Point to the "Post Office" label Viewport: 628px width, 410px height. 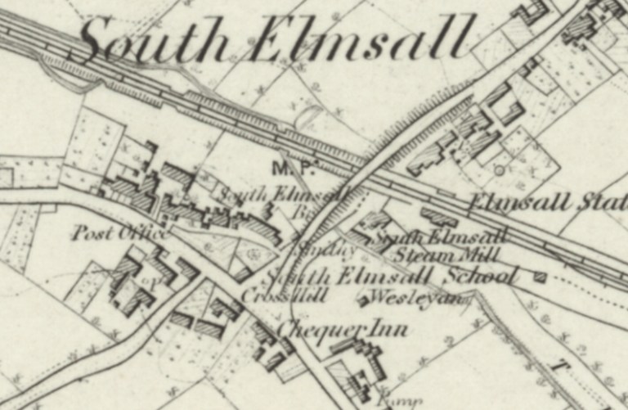pos(120,233)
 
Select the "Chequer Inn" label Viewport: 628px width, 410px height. pos(343,331)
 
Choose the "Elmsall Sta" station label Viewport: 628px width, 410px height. pos(547,203)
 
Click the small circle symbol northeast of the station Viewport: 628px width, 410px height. pos(498,169)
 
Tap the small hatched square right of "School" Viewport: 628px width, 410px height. pos(539,277)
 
